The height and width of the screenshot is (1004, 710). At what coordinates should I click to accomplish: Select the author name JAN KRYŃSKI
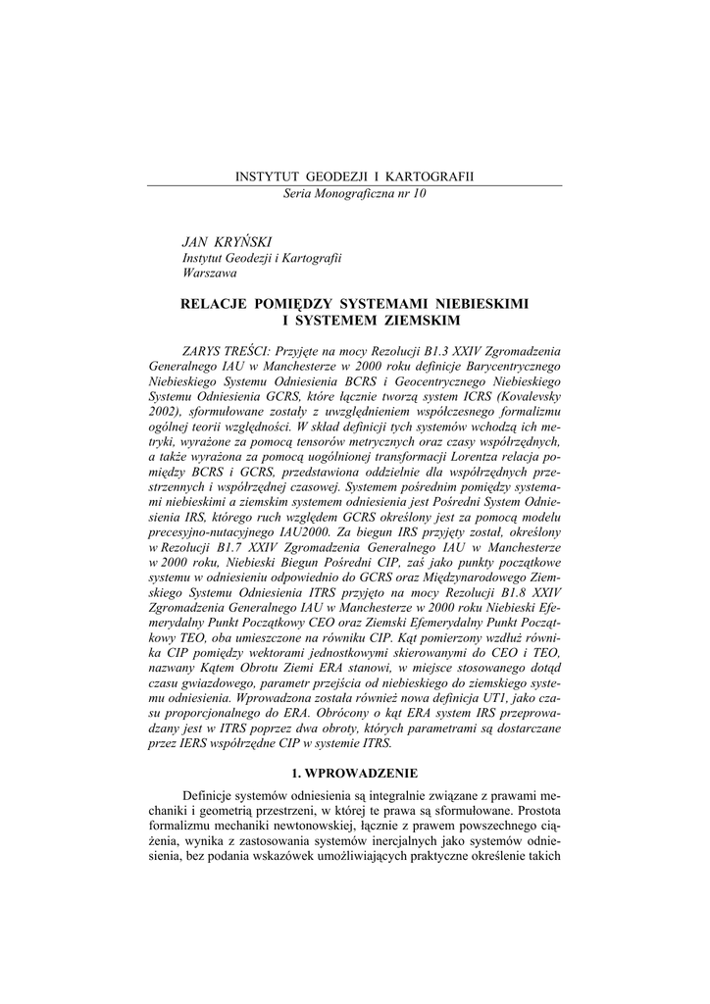point(220,241)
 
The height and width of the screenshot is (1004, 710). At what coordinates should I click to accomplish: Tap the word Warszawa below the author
point(210,274)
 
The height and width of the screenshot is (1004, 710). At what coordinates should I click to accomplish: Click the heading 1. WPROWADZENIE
point(354,773)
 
